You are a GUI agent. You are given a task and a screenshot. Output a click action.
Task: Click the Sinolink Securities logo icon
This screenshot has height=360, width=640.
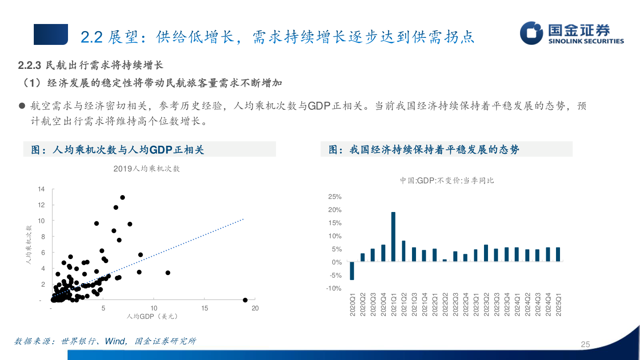[x=532, y=33]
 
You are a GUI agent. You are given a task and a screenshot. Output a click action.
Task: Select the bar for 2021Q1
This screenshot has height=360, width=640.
[x=393, y=236]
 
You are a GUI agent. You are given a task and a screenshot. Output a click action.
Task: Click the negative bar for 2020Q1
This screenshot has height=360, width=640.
[x=352, y=271]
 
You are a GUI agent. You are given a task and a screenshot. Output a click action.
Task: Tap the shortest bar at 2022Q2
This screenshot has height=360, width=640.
[x=444, y=260]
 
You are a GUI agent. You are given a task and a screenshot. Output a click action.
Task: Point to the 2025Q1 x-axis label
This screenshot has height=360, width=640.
[x=558, y=304]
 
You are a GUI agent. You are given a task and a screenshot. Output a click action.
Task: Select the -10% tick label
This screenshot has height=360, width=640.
[x=334, y=288]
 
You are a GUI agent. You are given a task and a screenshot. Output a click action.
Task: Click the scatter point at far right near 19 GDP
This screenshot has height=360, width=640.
[x=245, y=300]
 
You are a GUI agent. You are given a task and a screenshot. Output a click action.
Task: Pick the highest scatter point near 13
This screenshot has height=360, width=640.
[x=123, y=197]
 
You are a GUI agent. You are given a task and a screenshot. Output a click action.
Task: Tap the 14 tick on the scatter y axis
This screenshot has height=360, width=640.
[x=42, y=189]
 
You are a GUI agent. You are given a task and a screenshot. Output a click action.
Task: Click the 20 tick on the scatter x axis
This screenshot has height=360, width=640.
[x=255, y=308]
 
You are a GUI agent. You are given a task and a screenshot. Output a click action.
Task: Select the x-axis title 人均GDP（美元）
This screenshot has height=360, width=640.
[x=152, y=316]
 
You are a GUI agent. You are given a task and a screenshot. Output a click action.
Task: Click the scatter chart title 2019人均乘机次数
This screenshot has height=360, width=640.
[x=147, y=168]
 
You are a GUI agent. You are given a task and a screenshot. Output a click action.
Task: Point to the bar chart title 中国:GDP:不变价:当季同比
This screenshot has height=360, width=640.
[x=447, y=180]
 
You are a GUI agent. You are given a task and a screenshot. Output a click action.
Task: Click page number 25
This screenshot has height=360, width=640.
[x=585, y=344]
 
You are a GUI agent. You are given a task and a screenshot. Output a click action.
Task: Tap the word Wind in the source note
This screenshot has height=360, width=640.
[x=114, y=341]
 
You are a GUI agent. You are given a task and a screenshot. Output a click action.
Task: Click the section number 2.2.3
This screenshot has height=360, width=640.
[x=29, y=65]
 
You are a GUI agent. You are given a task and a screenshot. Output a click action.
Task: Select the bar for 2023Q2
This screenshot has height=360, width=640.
[x=486, y=253]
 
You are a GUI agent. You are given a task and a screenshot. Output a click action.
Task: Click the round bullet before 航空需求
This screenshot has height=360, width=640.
[x=21, y=106]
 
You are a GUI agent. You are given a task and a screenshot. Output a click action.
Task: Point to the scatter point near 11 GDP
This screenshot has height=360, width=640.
[x=168, y=272]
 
